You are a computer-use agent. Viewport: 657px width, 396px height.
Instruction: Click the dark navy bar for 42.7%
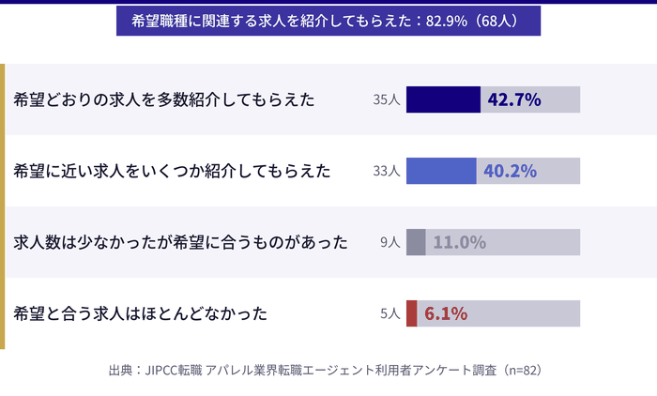tap(443, 99)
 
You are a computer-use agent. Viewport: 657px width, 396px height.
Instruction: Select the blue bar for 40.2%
tap(441, 171)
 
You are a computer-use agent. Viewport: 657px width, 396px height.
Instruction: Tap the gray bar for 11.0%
tap(416, 242)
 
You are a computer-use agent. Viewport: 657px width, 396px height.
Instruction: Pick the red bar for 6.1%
tap(411, 313)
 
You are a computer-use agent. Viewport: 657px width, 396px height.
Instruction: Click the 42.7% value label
tap(514, 99)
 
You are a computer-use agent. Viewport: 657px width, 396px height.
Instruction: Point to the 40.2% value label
tap(510, 171)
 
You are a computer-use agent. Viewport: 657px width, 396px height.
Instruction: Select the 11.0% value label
tap(459, 242)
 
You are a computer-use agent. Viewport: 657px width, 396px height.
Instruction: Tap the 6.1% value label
tap(446, 313)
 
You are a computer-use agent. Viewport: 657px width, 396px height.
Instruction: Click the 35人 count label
tap(387, 99)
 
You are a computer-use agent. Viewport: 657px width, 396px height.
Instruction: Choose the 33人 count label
tap(387, 171)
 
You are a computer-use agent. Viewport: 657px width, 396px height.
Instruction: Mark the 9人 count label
tap(390, 242)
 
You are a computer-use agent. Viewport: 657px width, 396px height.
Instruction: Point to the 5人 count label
tap(390, 313)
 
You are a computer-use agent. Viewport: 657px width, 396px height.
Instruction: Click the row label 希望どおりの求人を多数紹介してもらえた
tap(164, 99)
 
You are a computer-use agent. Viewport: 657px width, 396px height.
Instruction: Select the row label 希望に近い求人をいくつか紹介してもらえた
tap(173, 171)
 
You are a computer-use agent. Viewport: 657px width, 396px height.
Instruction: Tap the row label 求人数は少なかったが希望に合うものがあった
tap(181, 242)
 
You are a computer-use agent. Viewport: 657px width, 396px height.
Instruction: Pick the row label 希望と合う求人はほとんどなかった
tap(141, 313)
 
